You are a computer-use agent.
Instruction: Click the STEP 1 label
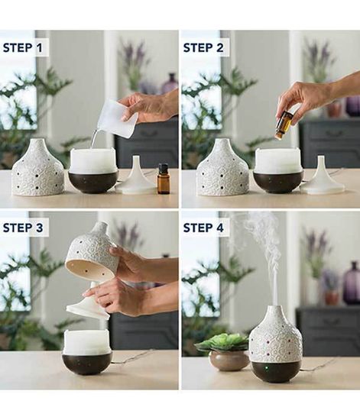tap(25, 47)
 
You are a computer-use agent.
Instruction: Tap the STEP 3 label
tap(25, 227)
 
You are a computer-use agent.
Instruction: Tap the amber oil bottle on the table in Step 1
tap(163, 179)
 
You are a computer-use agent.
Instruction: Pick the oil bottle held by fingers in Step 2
tap(284, 124)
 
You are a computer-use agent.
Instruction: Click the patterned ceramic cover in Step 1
tap(38, 169)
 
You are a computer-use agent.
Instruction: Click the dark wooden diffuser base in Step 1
tap(93, 182)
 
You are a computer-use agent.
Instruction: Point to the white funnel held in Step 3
tap(87, 304)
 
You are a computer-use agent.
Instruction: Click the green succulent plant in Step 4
tap(222, 342)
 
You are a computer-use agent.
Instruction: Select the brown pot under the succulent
tap(229, 360)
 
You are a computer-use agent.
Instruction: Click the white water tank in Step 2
tap(277, 160)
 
